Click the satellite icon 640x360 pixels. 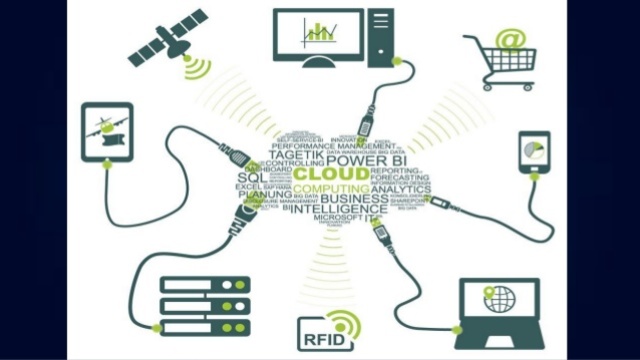pos(167,37)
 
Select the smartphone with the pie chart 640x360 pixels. pos(534,150)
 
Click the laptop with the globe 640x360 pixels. pos(498,307)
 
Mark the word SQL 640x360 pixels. pos(249,178)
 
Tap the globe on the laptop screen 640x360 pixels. pos(498,298)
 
